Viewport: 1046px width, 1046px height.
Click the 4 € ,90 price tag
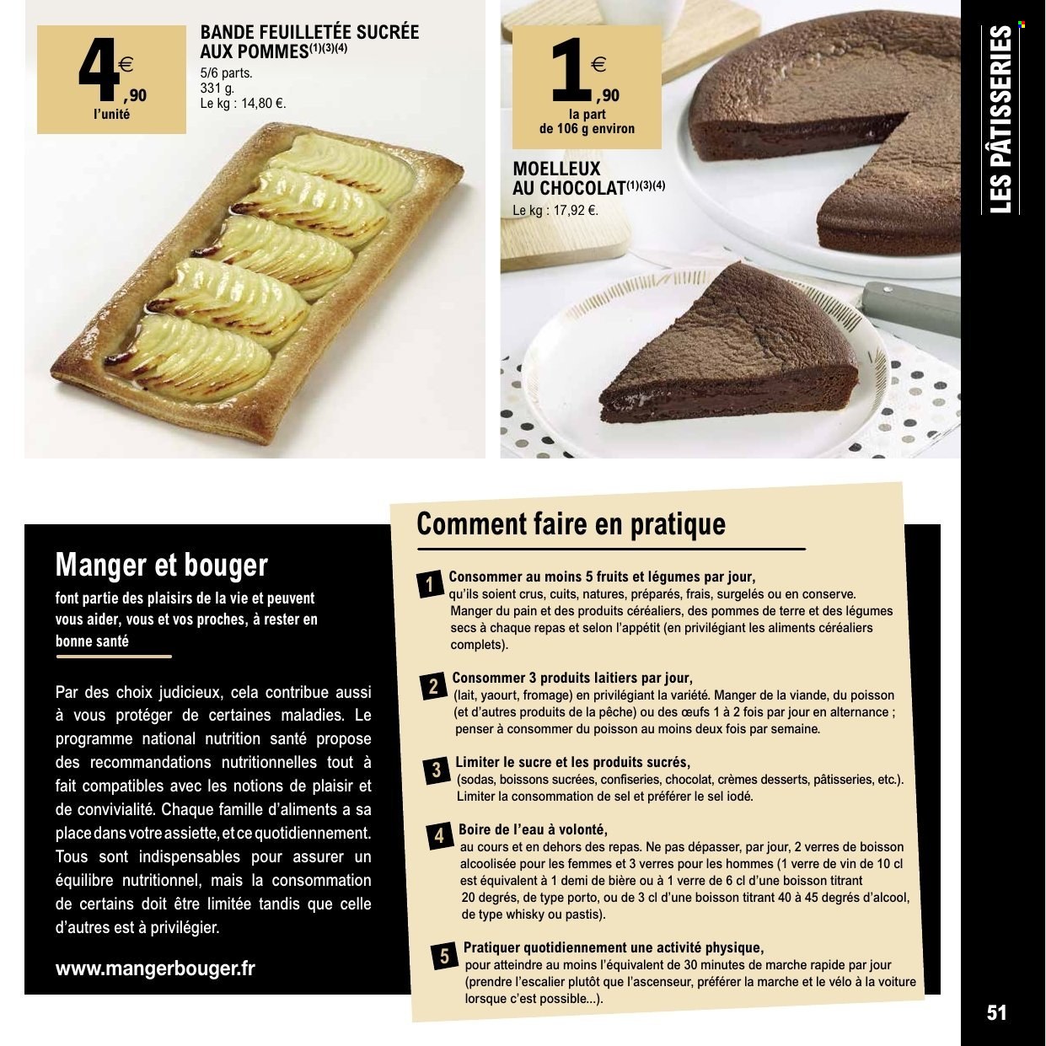pos(112,78)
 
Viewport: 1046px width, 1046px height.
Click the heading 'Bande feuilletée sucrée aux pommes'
pos(308,41)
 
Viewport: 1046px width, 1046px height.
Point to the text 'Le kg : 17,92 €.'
pos(555,211)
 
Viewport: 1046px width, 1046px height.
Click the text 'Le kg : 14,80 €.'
pos(243,105)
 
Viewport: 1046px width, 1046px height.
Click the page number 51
pos(996,1012)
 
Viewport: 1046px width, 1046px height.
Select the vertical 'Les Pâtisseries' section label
pos(1000,119)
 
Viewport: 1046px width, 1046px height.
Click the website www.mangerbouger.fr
pos(154,968)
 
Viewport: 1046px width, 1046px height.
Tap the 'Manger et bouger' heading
pos(161,564)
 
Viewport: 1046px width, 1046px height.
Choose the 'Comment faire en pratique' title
pos(571,523)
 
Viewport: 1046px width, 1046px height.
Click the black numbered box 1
pos(429,584)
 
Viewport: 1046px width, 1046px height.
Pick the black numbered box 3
pos(436,770)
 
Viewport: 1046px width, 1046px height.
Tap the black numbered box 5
pos(444,957)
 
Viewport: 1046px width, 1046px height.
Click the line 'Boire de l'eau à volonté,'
pos(533,829)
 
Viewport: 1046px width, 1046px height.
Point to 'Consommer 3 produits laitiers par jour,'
pos(572,678)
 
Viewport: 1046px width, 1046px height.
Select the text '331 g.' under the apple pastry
pos(217,89)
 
